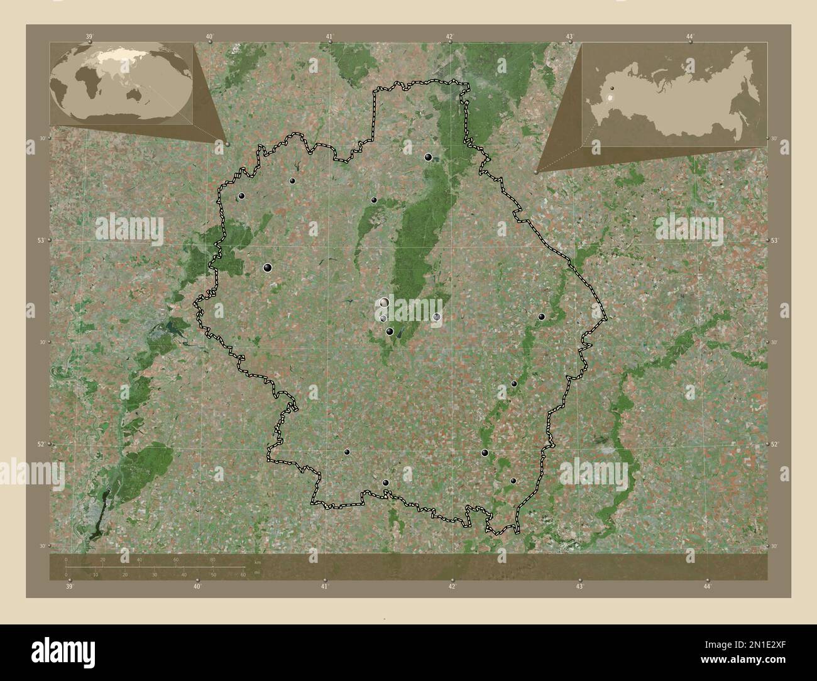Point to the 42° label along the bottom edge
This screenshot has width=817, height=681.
point(452,586)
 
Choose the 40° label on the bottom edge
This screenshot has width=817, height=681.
point(197,586)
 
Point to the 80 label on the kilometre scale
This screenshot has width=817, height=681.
point(213,559)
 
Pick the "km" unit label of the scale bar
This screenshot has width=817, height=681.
point(257,561)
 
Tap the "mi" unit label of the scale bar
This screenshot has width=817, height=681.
point(256,572)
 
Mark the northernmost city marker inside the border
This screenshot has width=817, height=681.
point(429,157)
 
